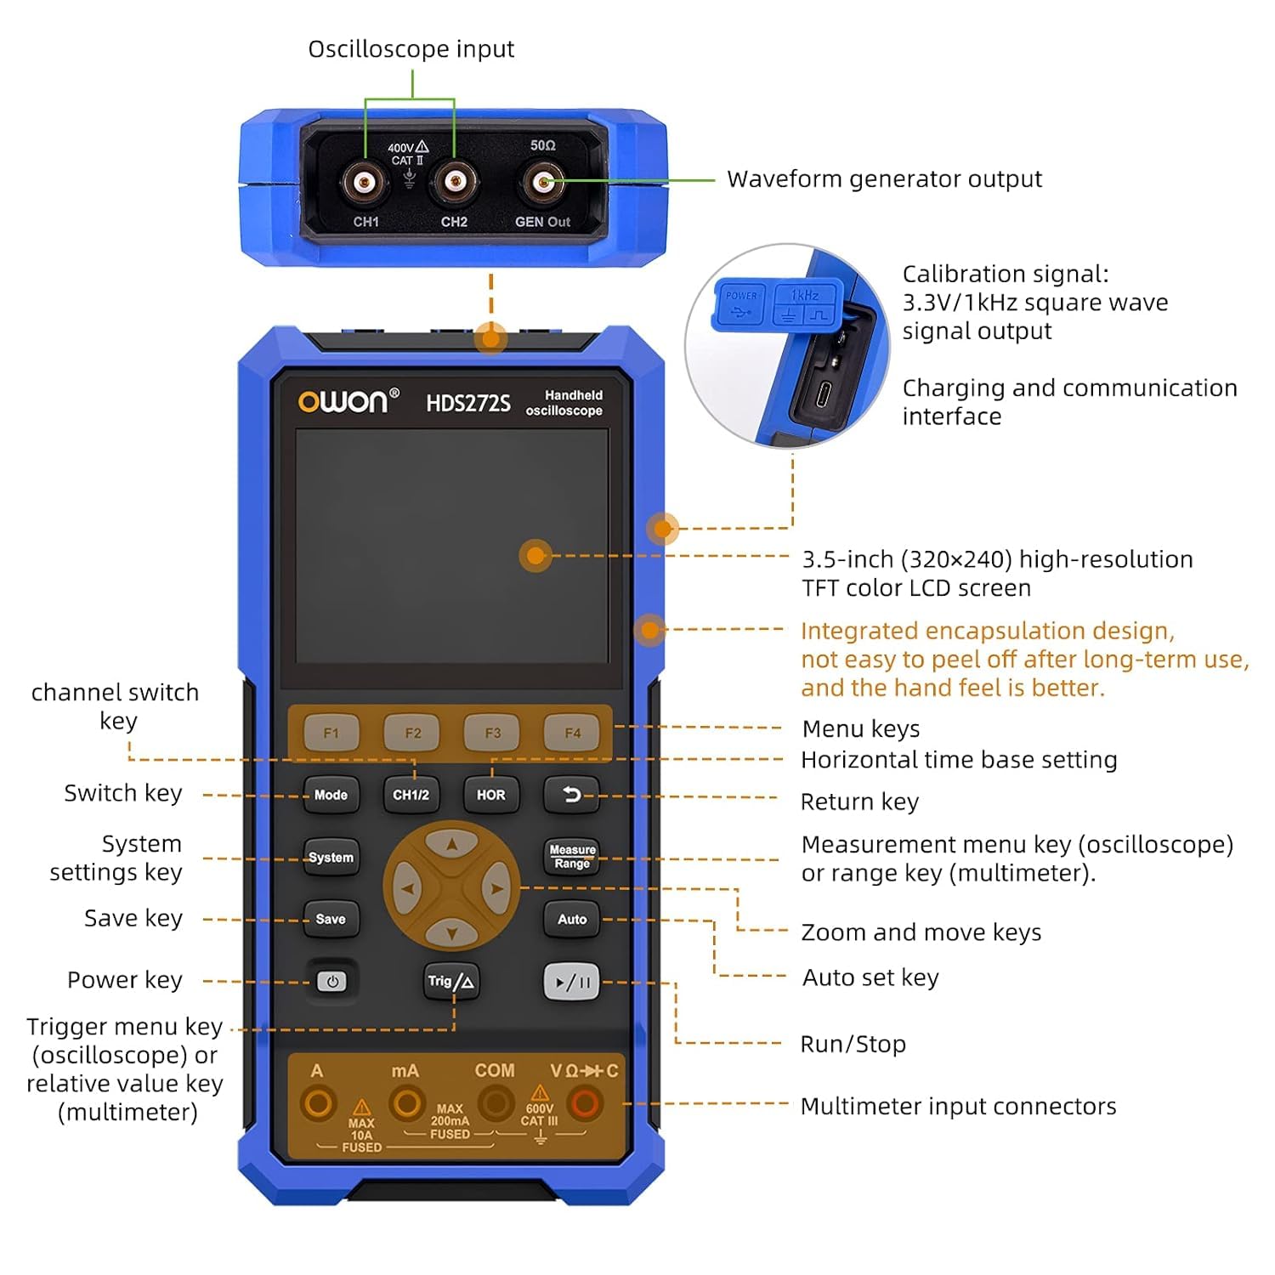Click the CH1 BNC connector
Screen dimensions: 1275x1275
pyautogui.click(x=365, y=182)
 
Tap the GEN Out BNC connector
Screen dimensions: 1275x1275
pyautogui.click(x=542, y=182)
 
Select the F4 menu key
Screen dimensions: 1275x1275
pyautogui.click(x=573, y=733)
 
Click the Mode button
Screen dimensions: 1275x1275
pyautogui.click(x=331, y=795)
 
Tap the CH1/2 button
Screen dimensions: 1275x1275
pyautogui.click(x=411, y=795)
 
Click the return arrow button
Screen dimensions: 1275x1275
pyautogui.click(x=572, y=795)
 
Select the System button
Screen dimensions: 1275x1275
pyautogui.click(x=331, y=858)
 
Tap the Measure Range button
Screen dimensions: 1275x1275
pyautogui.click(x=572, y=857)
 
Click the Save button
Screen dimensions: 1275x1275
pyautogui.click(x=331, y=919)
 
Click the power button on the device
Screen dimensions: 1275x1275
pyautogui.click(x=331, y=982)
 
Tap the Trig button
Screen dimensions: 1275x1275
pyautogui.click(x=451, y=982)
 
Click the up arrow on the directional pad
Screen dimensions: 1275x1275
pyautogui.click(x=451, y=844)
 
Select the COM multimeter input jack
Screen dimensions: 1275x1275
pyautogui.click(x=495, y=1104)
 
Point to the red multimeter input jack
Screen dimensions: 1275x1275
pyautogui.click(x=585, y=1104)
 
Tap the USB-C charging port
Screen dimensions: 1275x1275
pyautogui.click(x=824, y=394)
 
